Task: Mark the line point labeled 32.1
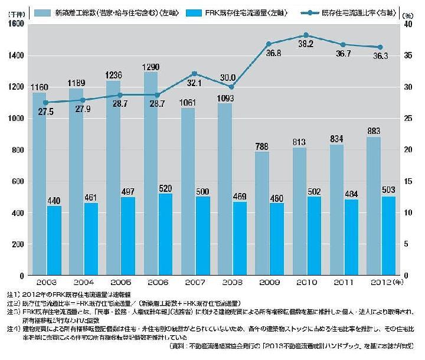[x=195, y=74]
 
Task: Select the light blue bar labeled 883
[x=373, y=206]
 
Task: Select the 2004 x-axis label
[x=83, y=283]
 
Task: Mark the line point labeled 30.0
[x=232, y=87]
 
